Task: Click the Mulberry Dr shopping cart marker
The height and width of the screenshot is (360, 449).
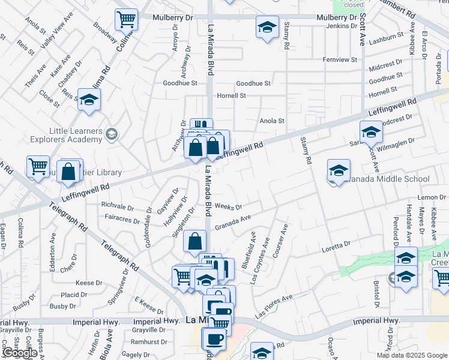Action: coord(127,20)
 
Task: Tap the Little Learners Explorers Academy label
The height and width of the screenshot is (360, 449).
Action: coord(67,134)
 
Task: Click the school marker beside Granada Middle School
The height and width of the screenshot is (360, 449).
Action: coord(339,170)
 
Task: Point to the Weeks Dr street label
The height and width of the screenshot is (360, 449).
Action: coord(228,207)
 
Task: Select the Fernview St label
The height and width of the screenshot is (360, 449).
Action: coord(340,60)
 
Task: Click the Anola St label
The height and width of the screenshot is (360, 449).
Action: coord(271,121)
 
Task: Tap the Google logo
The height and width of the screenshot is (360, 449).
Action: coord(19,353)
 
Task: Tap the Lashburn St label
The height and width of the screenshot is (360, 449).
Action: coord(386,37)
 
